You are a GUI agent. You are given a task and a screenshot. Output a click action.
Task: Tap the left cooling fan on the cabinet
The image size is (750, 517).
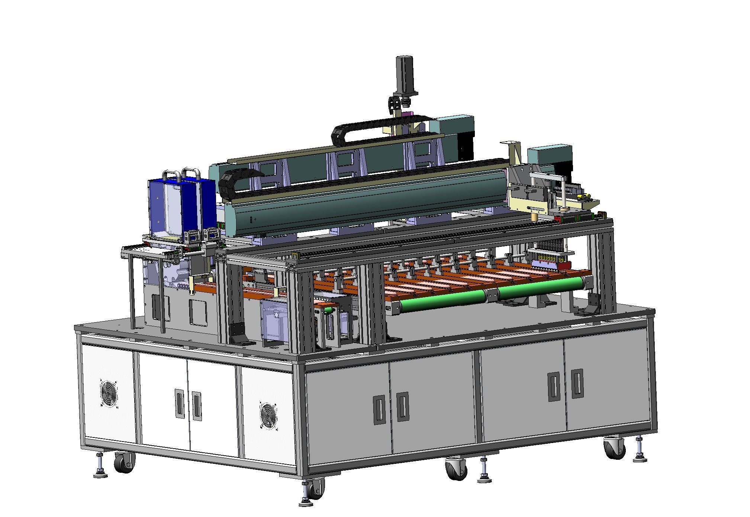(109, 393)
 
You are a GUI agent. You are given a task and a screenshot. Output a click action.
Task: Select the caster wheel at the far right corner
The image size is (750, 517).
(613, 449)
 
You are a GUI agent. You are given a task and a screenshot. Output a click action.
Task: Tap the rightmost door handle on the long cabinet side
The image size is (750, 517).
(577, 384)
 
